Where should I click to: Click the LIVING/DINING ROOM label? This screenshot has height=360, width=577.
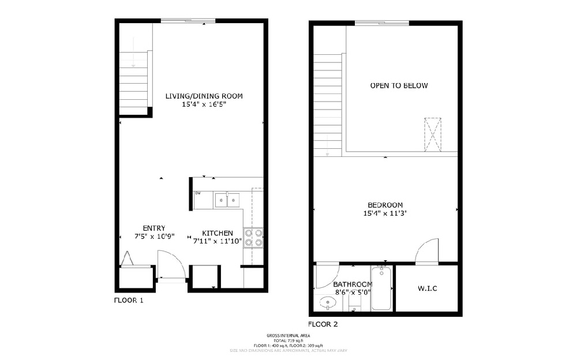point(204,96)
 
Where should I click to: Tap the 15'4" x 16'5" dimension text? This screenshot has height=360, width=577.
point(204,104)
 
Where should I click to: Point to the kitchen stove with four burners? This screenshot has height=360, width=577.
point(254,238)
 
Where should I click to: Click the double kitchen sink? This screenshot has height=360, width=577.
point(227,200)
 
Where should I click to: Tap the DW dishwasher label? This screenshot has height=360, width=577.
point(197,193)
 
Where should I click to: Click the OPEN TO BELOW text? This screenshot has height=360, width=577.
point(399,85)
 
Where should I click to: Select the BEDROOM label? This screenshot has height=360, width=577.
point(385,205)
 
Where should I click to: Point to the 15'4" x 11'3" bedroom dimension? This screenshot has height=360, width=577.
point(385,213)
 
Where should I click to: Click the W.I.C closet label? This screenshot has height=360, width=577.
point(427,288)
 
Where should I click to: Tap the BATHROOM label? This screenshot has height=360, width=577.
point(352,284)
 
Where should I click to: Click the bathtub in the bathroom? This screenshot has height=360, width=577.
point(381,288)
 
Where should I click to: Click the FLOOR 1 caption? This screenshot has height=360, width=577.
point(128,300)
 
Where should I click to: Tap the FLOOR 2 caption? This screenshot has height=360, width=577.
point(323,324)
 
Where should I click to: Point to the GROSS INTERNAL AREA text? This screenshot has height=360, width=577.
point(288,335)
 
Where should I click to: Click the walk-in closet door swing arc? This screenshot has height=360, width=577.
point(426,252)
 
